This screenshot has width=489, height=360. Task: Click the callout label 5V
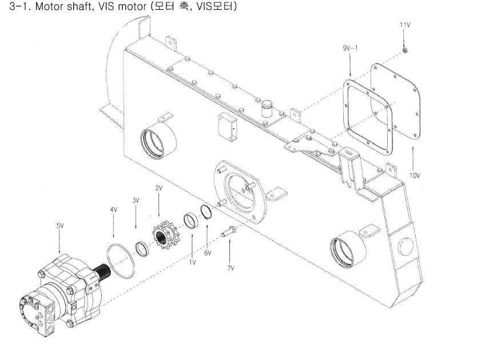60,226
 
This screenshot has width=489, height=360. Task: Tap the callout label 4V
113,210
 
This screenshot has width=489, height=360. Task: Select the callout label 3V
136,201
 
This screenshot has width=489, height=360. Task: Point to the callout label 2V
159,188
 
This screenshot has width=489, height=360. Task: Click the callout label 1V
192,262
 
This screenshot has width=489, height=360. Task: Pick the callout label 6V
208,253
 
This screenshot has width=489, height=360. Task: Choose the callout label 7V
230,268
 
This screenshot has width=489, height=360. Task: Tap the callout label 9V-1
350,48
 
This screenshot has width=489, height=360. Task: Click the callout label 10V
415,176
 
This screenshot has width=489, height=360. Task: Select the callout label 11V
405,25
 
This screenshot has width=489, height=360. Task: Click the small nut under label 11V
405,50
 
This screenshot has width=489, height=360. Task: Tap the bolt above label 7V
229,231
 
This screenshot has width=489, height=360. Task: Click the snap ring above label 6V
206,211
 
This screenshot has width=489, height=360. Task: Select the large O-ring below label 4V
121,261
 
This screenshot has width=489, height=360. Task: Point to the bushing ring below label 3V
142,249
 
